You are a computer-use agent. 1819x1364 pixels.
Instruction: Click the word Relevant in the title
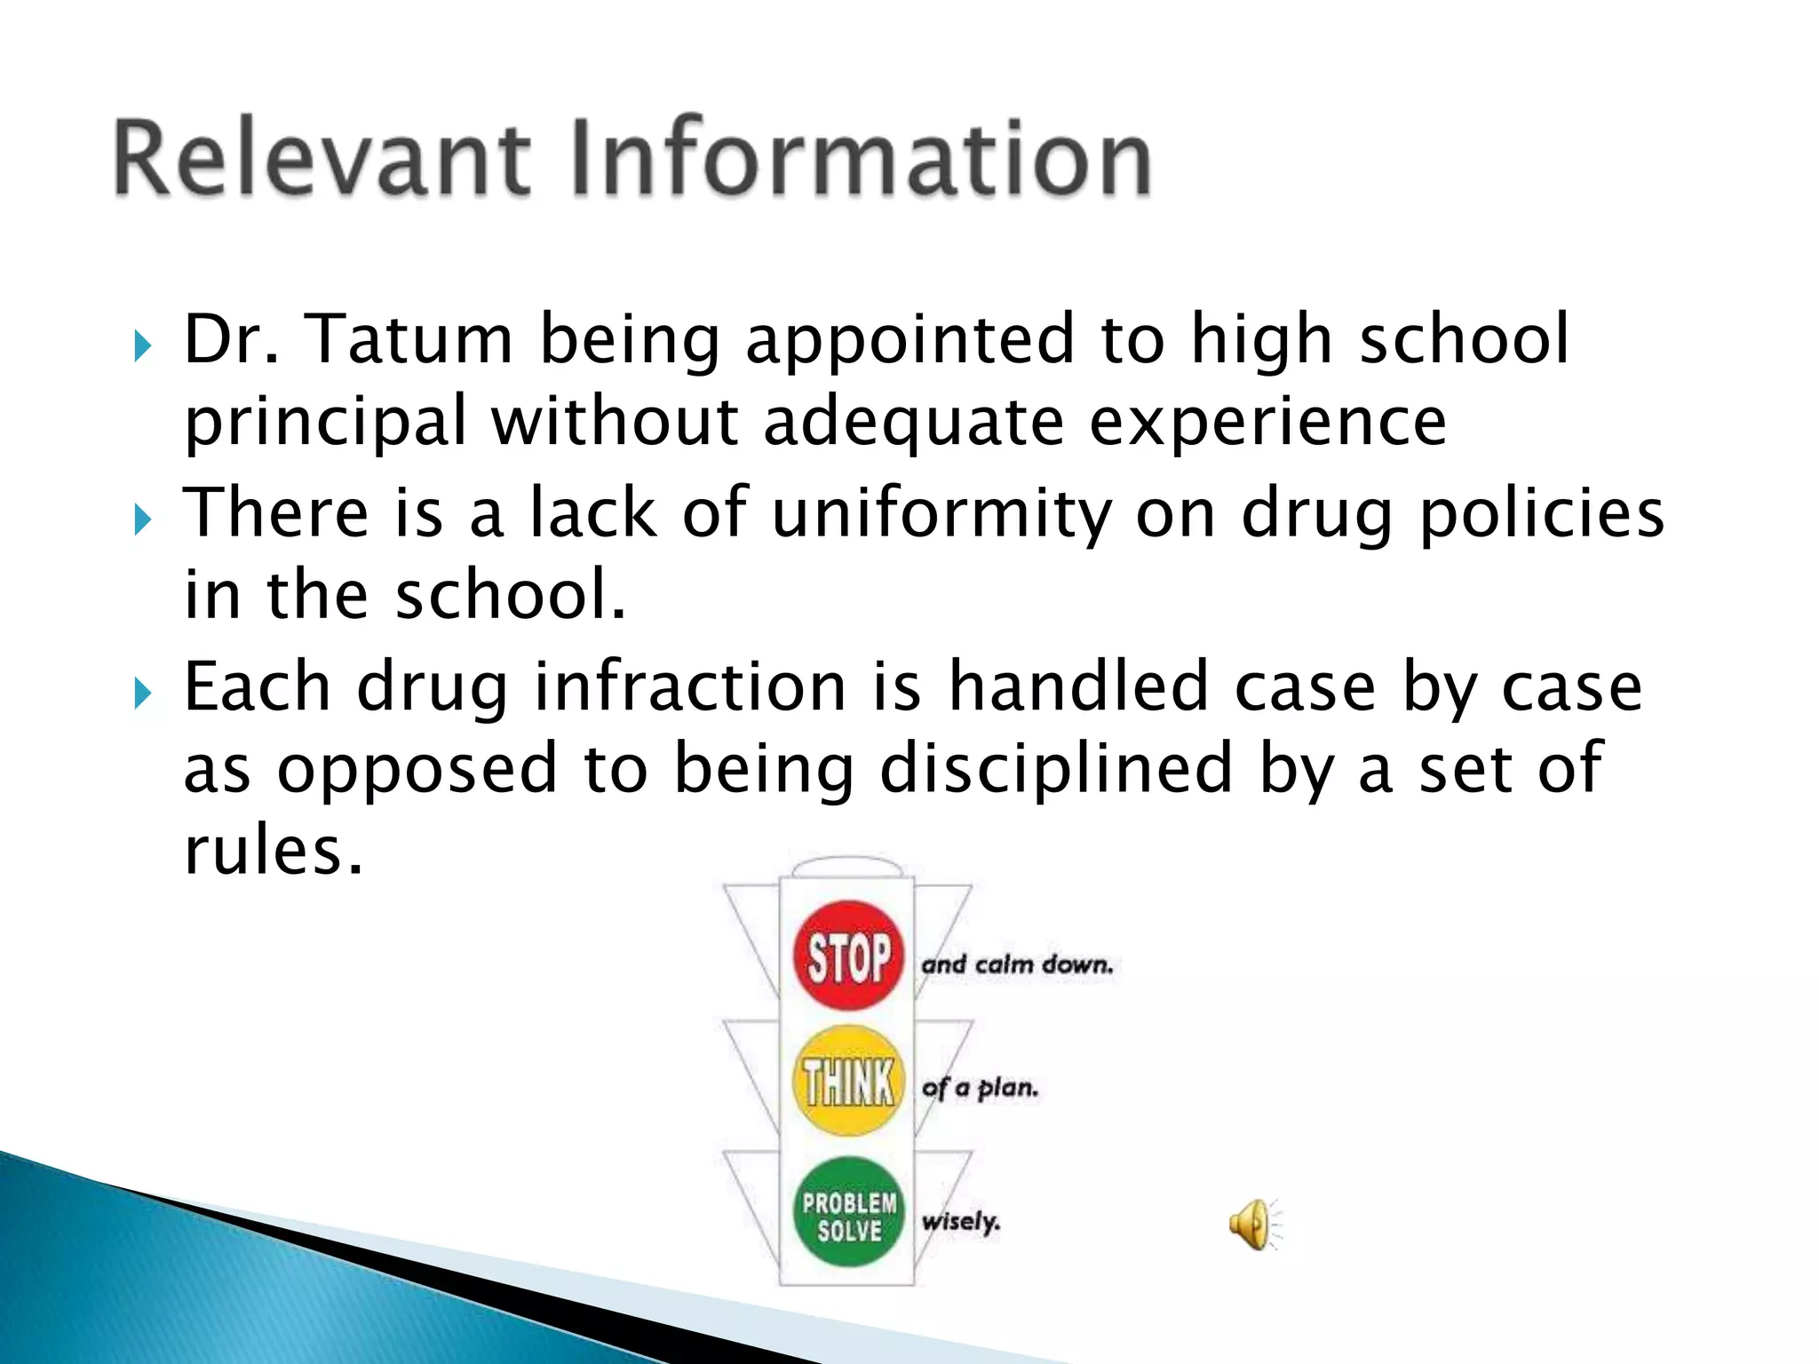pos(322,157)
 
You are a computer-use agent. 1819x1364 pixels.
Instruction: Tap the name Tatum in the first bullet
pos(409,339)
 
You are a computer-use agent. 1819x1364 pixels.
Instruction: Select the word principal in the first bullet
pos(325,422)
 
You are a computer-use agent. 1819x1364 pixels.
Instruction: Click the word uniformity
pos(942,513)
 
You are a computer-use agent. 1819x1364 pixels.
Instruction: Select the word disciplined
pos(1056,769)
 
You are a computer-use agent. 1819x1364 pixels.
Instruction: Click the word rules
pos(274,851)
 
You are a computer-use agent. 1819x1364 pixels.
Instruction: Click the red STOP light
pos(848,956)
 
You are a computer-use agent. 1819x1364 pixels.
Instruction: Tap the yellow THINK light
pos(848,1082)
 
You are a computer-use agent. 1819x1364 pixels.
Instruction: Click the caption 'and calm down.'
pos(1017,965)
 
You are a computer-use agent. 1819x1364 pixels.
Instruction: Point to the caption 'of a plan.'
pos(980,1088)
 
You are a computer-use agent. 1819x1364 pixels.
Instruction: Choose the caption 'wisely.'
pos(961,1222)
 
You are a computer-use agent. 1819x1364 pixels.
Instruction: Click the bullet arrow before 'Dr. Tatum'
pos(143,346)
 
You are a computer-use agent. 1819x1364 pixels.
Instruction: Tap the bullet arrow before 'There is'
pos(143,519)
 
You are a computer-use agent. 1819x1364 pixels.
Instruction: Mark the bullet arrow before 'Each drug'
pos(143,694)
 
